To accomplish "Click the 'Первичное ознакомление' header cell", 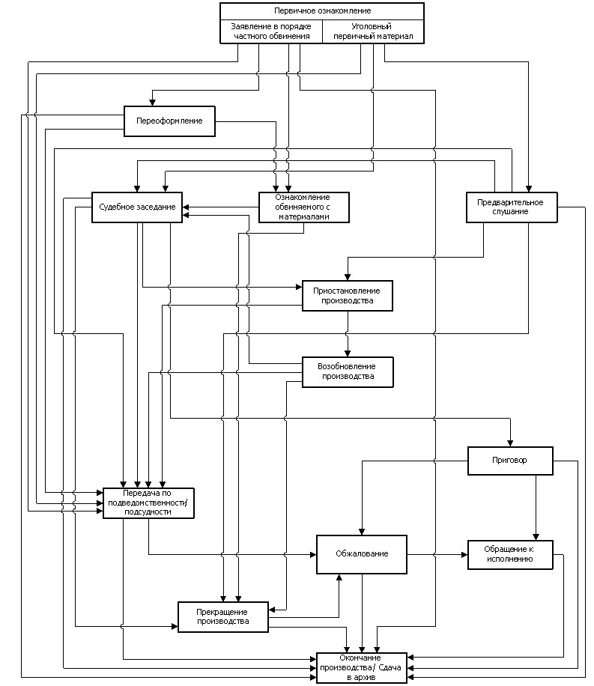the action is (x=322, y=11).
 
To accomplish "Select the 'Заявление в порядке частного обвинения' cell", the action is (x=271, y=31).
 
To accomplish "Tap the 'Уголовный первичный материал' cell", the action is (x=373, y=31).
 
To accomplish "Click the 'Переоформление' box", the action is (x=169, y=121).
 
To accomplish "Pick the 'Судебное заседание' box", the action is (x=137, y=207).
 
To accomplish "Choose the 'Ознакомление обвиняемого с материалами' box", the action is (x=304, y=207).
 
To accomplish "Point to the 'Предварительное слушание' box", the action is (x=512, y=207).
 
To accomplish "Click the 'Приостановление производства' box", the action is (x=347, y=296).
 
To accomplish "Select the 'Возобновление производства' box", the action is (x=348, y=372).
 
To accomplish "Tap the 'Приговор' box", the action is (x=510, y=461).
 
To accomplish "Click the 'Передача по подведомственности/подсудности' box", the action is (x=148, y=503).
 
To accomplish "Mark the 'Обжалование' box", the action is (x=362, y=554).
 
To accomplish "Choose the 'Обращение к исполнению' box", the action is (x=510, y=555).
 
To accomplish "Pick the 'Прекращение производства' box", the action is (x=222, y=617).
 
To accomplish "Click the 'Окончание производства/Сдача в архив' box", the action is (x=362, y=668).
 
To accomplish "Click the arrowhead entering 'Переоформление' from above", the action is (x=152, y=103).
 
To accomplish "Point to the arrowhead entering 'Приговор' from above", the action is (x=510, y=443).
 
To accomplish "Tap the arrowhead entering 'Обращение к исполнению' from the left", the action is (x=464, y=555).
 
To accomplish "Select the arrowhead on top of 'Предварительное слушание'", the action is (x=528, y=189).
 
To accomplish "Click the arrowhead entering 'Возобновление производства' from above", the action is (x=348, y=354).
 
